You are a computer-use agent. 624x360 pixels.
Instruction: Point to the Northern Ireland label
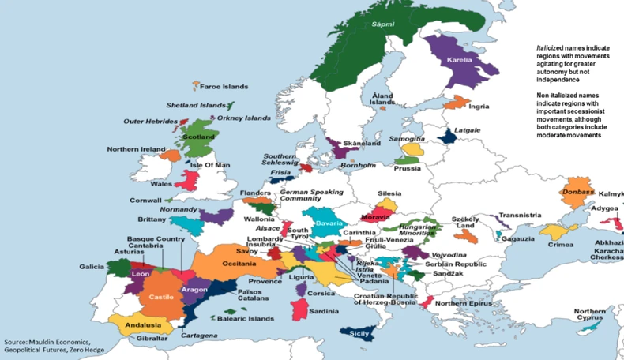[137, 149]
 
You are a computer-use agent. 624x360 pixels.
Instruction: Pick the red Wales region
[187, 179]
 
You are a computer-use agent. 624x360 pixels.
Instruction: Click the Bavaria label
[328, 223]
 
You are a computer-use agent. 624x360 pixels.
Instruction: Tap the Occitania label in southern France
[239, 263]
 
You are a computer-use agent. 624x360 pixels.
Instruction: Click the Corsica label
[321, 293]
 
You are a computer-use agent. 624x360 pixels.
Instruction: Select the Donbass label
[577, 192]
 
